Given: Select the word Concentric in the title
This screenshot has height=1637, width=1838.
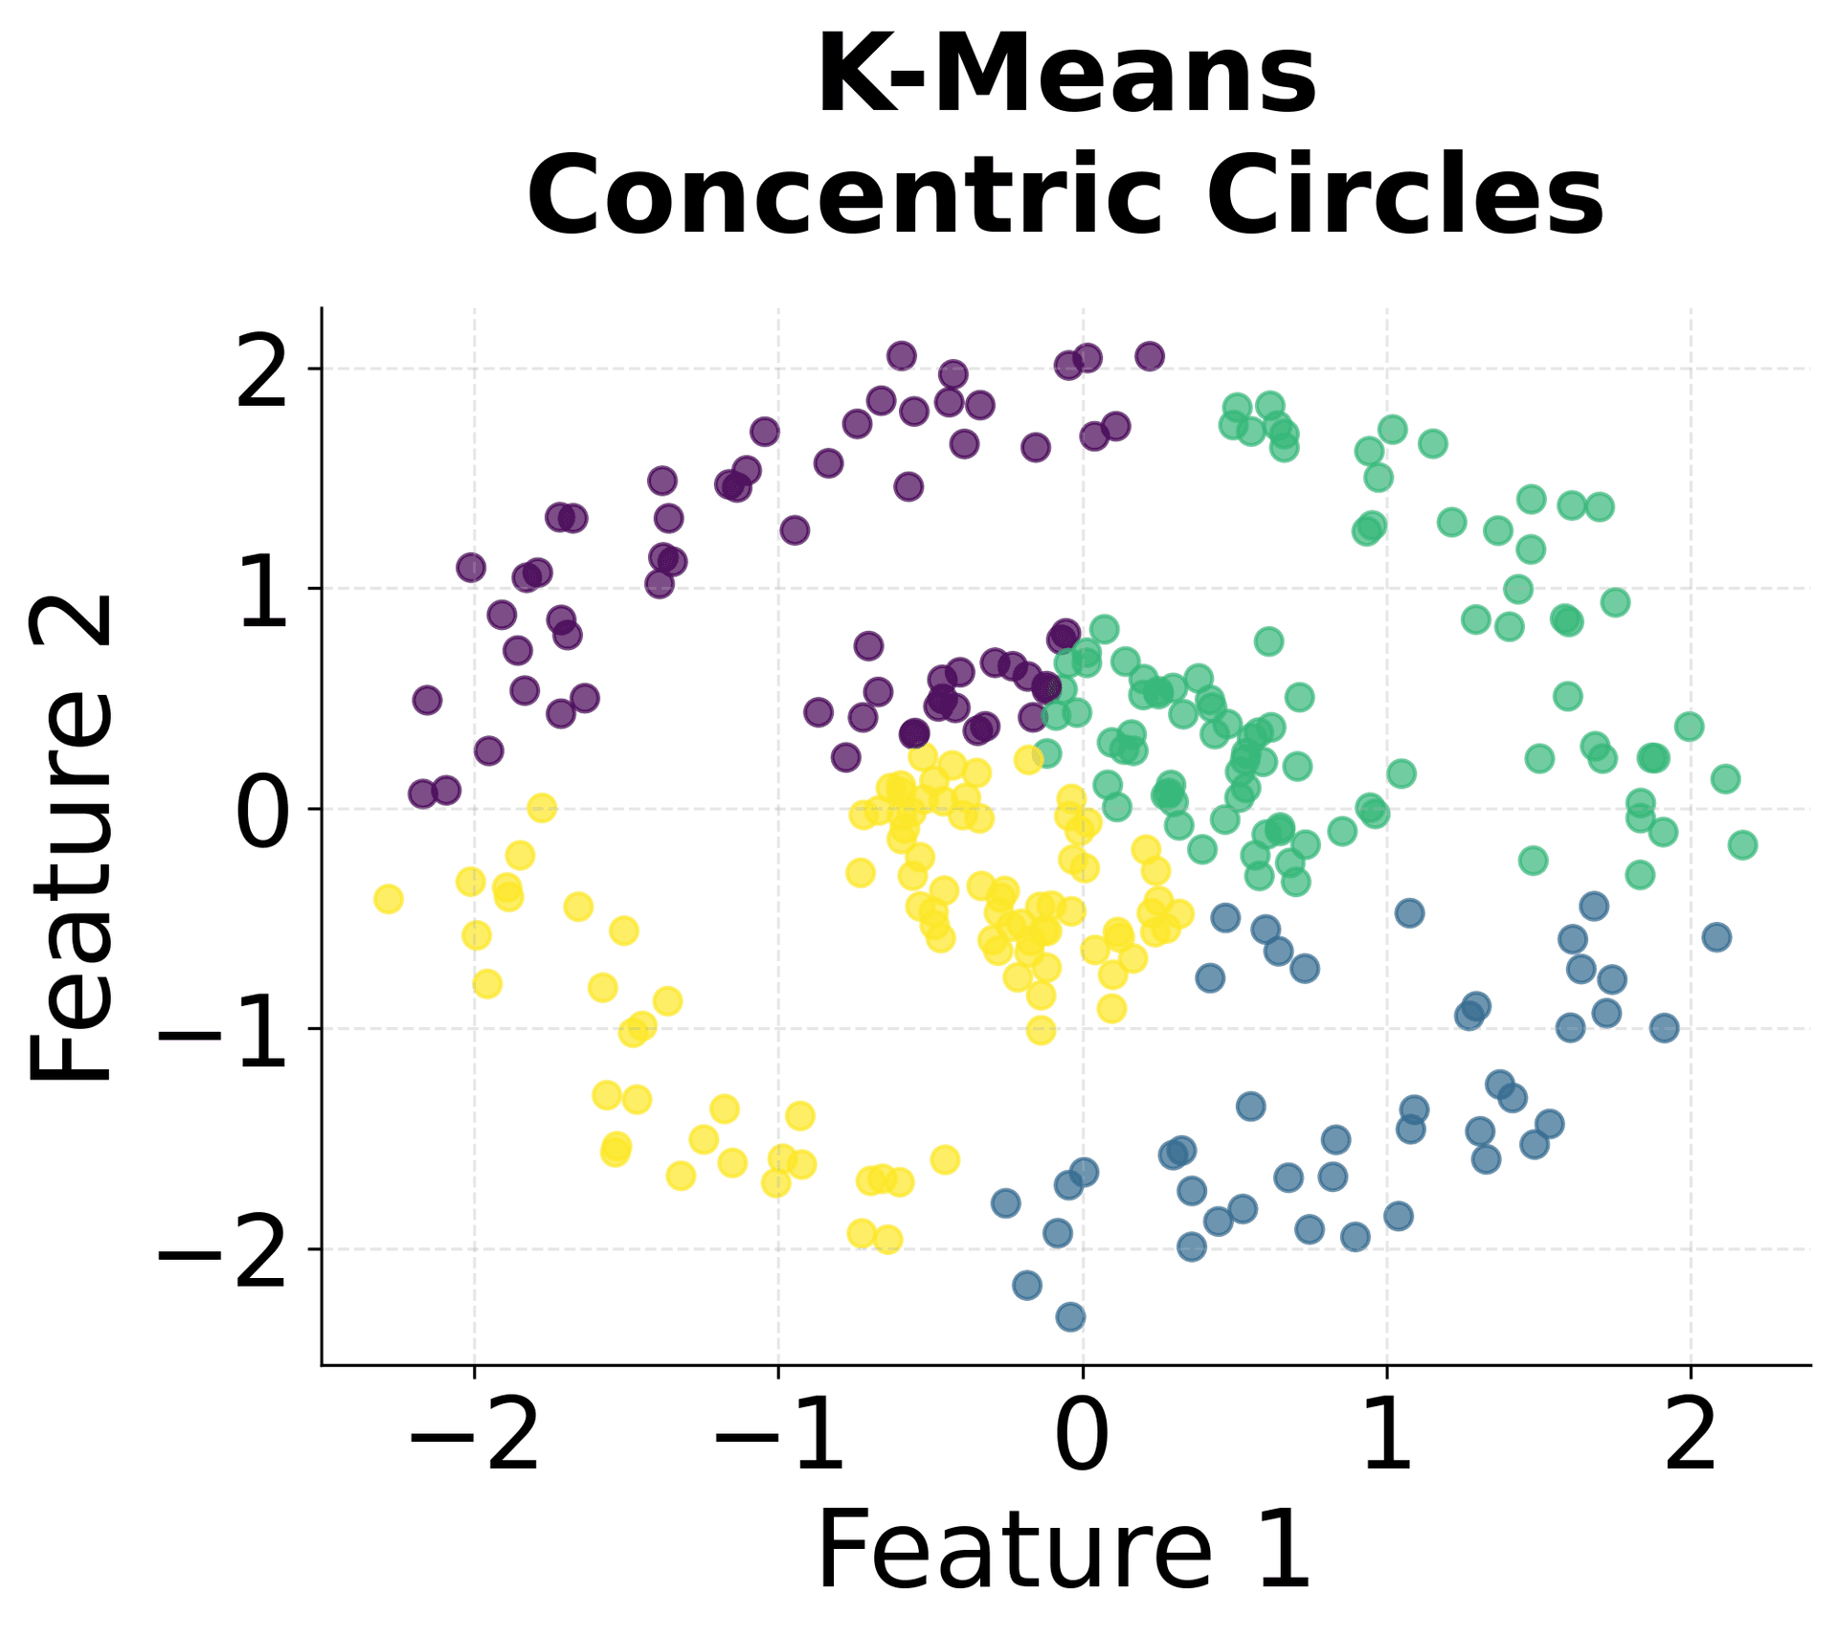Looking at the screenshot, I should pyautogui.click(x=841, y=195).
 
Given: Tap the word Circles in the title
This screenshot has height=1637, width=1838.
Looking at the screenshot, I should pyautogui.click(x=1404, y=195).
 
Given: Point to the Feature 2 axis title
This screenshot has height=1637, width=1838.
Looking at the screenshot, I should pyautogui.click(x=72, y=839).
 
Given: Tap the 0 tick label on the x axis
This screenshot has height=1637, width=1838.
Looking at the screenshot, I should pyautogui.click(x=1082, y=1437).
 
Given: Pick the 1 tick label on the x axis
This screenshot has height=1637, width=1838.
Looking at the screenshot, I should pyautogui.click(x=1386, y=1437).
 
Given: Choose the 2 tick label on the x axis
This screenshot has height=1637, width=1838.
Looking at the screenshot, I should pyautogui.click(x=1691, y=1437).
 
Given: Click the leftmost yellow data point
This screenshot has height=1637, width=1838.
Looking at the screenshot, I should pyautogui.click(x=388, y=899).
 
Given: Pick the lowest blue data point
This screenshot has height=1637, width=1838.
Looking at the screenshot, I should pyautogui.click(x=1070, y=1317).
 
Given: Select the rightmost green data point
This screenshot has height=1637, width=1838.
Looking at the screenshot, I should pyautogui.click(x=1742, y=844).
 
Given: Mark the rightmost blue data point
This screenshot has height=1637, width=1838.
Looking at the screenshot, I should pyautogui.click(x=1716, y=937).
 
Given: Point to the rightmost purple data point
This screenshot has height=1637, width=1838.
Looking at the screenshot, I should pyautogui.click(x=1150, y=356).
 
